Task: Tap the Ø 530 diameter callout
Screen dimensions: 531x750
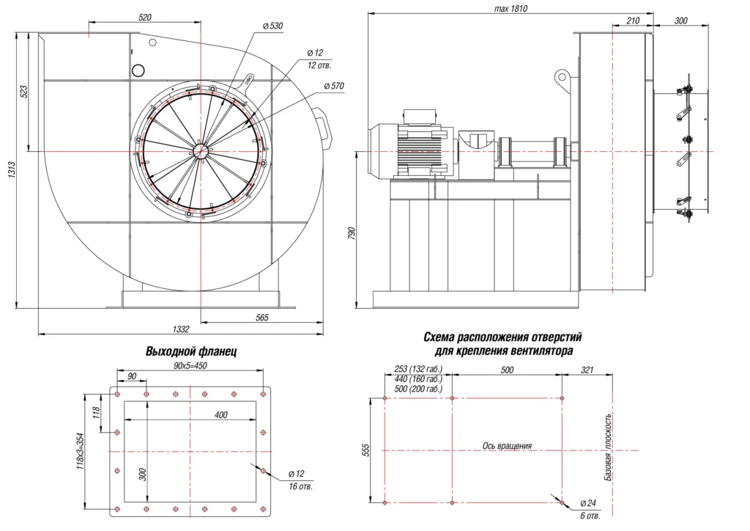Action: point(272,26)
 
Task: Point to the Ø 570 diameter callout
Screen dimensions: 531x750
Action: point(333,86)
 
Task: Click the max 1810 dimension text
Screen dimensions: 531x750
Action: point(511,9)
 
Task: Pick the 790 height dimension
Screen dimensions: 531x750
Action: point(352,234)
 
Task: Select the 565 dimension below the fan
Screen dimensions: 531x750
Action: point(262,318)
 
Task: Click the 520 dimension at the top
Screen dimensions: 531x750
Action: point(144,17)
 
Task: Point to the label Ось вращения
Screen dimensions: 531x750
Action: point(507,445)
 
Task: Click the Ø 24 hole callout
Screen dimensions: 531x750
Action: point(591,503)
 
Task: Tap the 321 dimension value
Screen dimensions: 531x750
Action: point(587,370)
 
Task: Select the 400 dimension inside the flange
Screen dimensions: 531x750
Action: point(220,414)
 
